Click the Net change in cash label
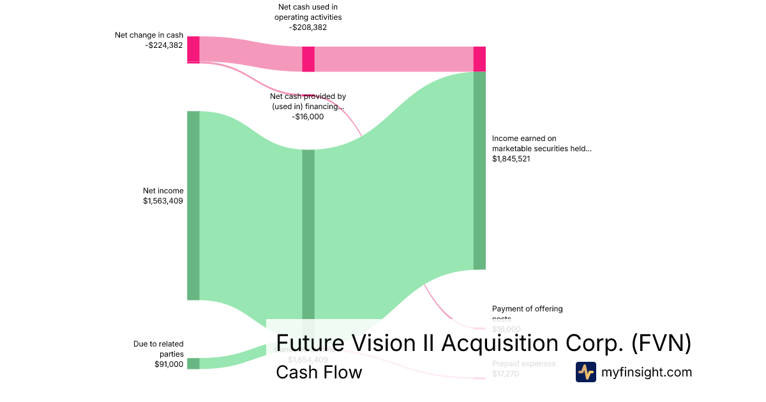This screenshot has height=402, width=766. point(149,35)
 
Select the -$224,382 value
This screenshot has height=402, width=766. point(164,45)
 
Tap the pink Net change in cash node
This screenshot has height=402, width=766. point(193,50)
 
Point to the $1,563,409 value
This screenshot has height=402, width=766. point(163,201)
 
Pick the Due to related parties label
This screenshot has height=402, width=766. point(158,348)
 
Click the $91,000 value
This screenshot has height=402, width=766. point(169,364)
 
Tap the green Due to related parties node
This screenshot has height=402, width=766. point(193,364)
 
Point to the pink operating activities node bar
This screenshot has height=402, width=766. point(308,59)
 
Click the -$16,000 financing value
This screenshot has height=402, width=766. point(308,117)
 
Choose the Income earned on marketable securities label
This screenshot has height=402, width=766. point(541,143)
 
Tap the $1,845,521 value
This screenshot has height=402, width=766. point(511,159)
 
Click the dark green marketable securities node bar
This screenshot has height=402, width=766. point(479,170)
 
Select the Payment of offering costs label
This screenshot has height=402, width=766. point(527,309)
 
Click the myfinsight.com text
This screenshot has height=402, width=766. point(647,372)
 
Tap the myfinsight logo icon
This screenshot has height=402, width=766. point(585,372)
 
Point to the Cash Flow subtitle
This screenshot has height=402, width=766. point(319,372)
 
